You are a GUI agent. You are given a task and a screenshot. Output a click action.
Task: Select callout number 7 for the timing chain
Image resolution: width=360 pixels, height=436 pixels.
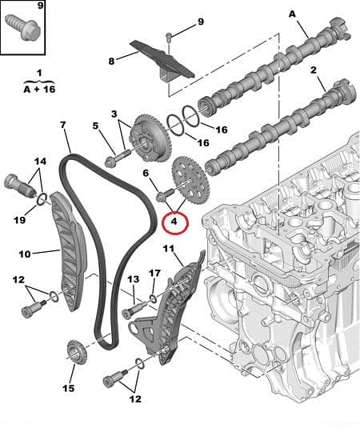click(x=64, y=126)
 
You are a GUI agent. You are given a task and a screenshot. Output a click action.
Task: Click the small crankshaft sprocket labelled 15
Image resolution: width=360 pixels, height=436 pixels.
click(x=75, y=352)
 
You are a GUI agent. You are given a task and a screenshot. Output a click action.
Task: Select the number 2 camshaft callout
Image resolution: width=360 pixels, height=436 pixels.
click(x=314, y=71)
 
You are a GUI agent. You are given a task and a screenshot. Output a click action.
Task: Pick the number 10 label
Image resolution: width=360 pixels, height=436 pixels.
click(x=24, y=254)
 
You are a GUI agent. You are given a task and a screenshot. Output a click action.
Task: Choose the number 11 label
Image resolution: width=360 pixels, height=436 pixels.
click(x=167, y=249)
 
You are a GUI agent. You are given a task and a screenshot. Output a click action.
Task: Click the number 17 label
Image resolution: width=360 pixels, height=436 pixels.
click(x=154, y=274)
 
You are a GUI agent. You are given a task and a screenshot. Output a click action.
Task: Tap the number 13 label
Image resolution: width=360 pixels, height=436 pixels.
click(x=133, y=278)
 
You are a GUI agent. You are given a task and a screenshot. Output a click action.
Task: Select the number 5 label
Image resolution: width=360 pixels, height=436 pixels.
click(x=95, y=126)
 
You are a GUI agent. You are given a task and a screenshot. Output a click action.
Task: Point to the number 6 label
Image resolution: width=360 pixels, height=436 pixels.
click(x=146, y=172)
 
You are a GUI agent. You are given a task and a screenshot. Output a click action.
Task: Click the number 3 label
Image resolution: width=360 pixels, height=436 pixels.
click(x=114, y=114)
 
